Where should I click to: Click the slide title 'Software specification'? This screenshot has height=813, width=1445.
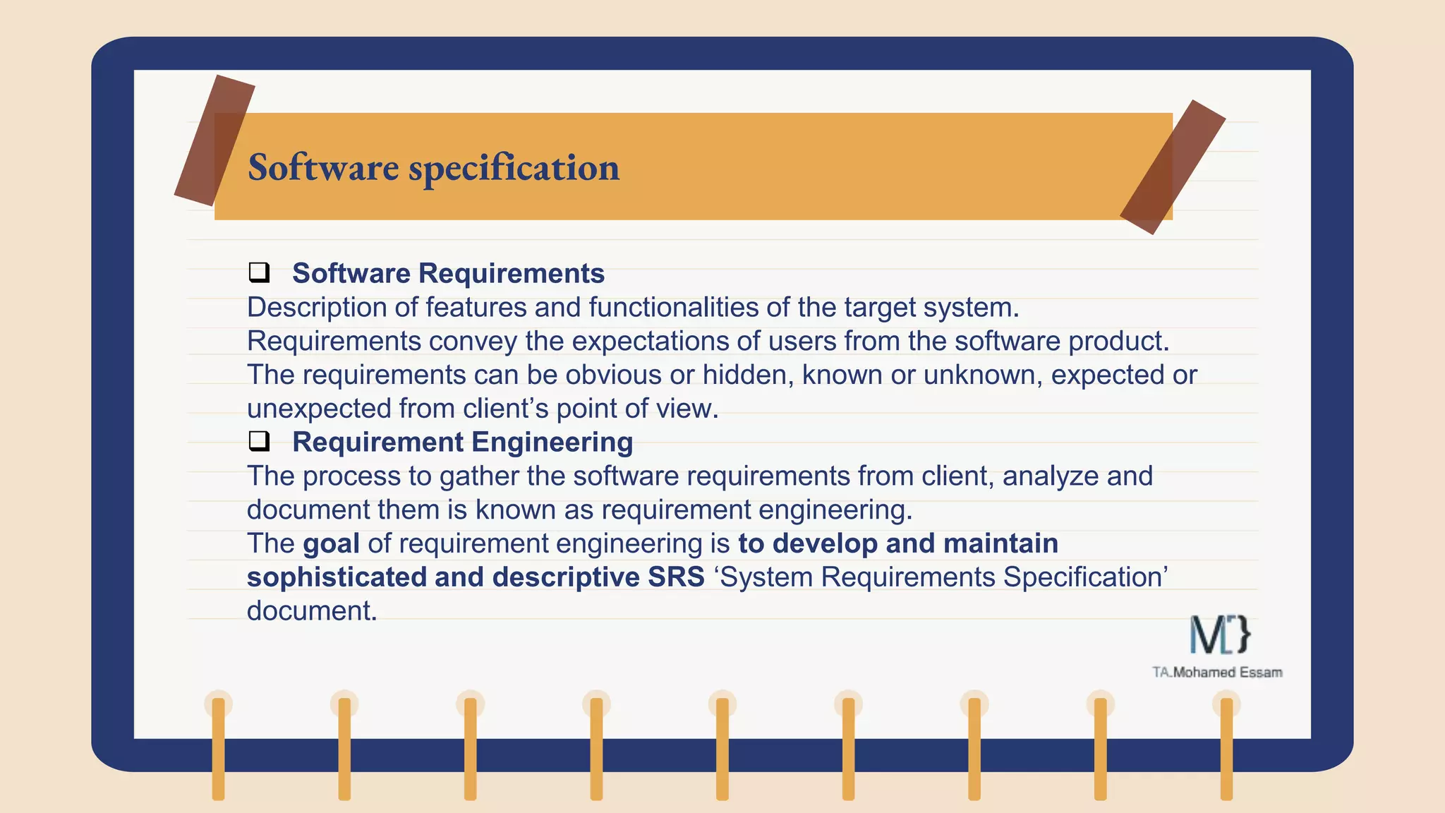point(433,168)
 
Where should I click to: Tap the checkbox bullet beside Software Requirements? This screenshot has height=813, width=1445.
point(259,272)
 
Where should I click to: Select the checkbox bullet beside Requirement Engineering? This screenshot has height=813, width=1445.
point(259,441)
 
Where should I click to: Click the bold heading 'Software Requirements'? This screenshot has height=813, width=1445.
point(448,273)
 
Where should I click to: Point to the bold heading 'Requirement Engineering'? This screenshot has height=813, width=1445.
point(462,442)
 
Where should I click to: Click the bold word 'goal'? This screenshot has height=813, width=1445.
point(331,543)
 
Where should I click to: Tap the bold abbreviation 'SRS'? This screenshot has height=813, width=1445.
point(676,577)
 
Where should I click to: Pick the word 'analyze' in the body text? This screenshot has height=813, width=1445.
point(1050,476)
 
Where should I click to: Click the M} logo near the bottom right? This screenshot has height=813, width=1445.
point(1220,634)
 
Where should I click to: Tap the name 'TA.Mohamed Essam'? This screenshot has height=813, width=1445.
point(1217,673)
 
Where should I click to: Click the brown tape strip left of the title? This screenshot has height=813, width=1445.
point(214,140)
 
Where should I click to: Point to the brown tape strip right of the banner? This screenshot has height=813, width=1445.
point(1173,167)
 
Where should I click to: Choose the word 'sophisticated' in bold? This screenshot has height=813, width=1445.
point(337,577)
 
